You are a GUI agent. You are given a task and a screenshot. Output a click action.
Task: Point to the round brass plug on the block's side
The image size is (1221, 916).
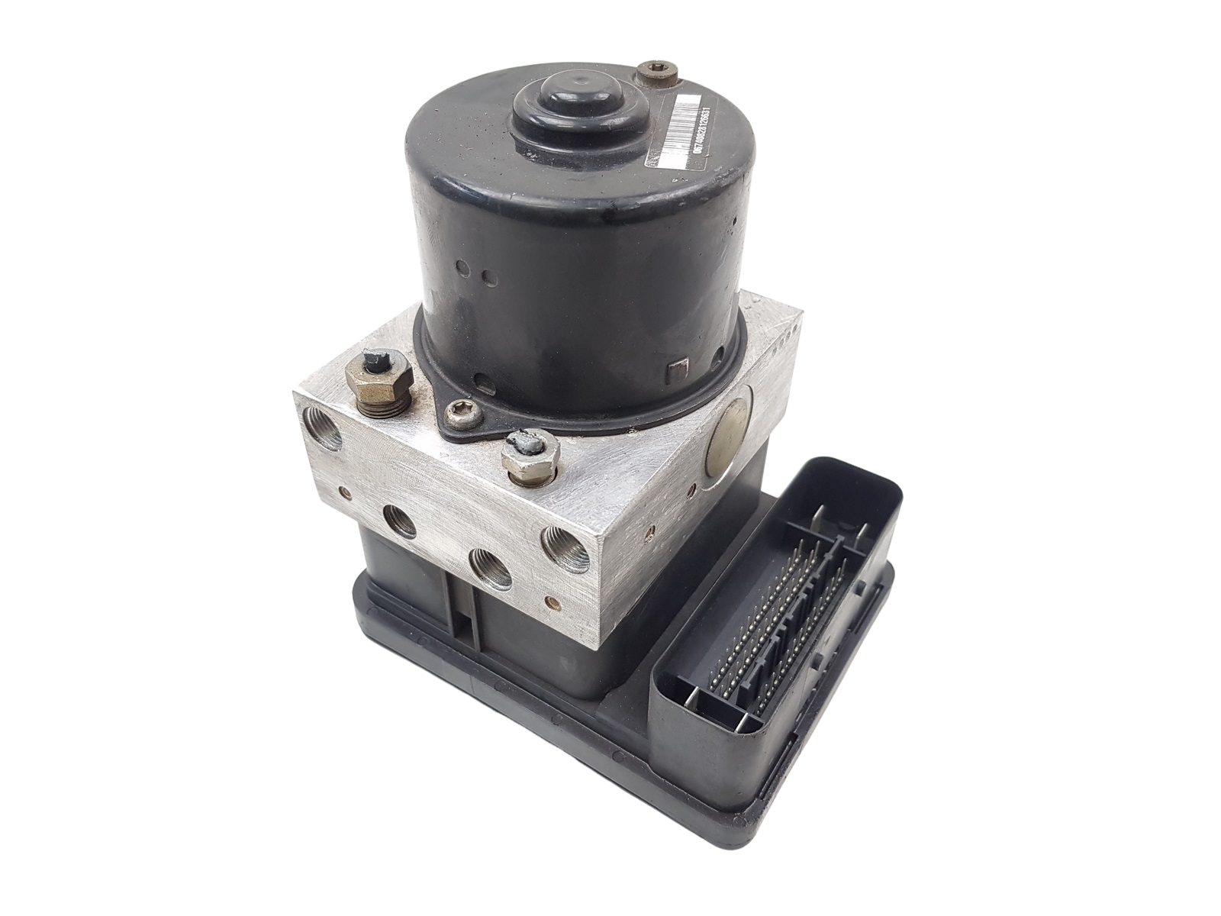click(x=730, y=427)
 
